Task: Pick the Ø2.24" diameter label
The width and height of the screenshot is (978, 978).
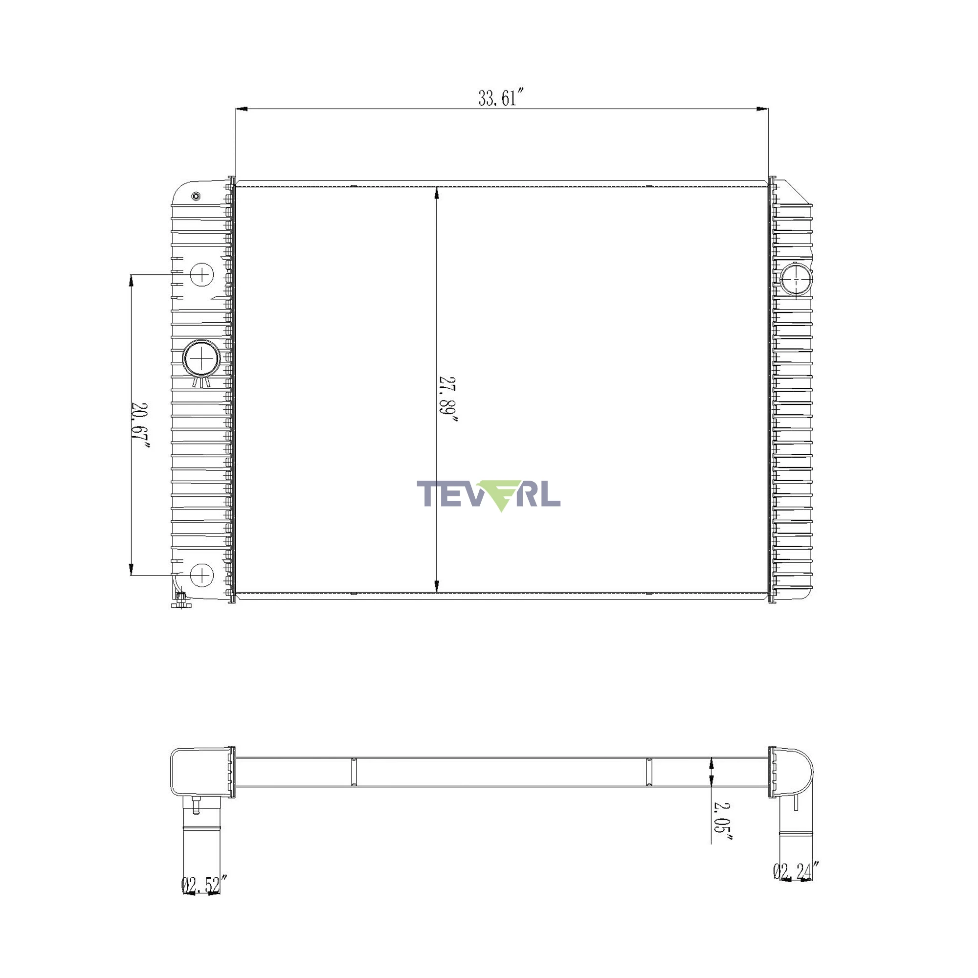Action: click(795, 871)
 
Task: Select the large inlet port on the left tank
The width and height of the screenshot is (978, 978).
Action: click(201, 358)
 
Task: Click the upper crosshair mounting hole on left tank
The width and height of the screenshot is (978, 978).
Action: click(202, 275)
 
